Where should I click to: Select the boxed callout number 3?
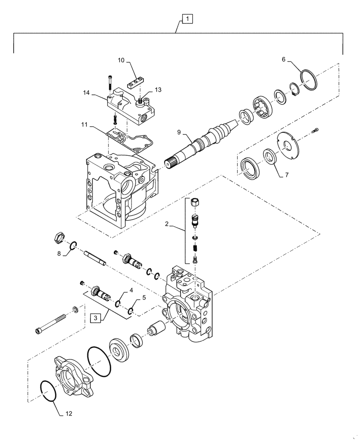pyautogui.click(x=95, y=317)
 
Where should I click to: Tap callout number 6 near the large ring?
pyautogui.click(x=283, y=60)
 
